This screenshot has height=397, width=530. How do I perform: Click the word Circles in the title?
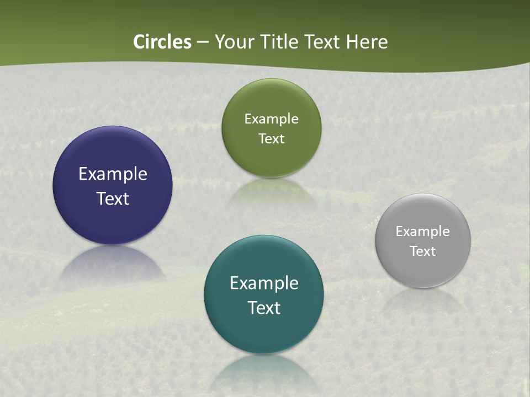click(x=162, y=42)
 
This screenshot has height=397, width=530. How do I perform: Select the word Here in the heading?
click(x=367, y=42)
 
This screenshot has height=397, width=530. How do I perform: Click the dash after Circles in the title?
click(x=203, y=42)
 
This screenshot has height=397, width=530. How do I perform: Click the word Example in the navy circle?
click(x=113, y=174)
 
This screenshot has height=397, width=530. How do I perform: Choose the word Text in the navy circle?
click(x=113, y=198)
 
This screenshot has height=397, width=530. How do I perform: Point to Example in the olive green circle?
click(x=271, y=119)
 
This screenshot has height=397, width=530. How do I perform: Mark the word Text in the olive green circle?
click(x=271, y=138)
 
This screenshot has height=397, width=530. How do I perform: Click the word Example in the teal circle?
click(x=264, y=283)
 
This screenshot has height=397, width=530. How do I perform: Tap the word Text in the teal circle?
click(x=264, y=308)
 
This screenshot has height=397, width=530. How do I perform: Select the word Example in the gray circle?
click(x=423, y=231)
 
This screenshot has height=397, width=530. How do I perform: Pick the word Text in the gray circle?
click(x=423, y=251)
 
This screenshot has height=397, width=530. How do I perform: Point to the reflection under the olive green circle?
click(x=271, y=190)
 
